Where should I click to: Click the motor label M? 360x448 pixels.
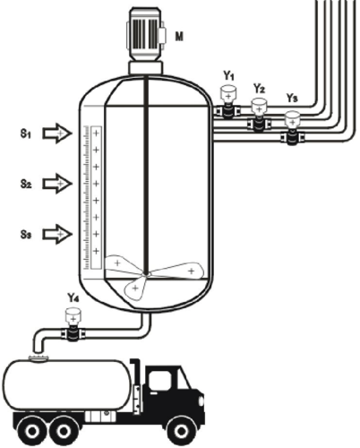coord(179,37)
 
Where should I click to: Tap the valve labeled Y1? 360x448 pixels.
coord(228,102)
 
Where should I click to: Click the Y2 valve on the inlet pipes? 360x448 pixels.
coord(259,116)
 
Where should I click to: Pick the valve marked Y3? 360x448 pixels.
coord(292,128)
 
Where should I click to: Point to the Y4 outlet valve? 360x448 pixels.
coord(73,325)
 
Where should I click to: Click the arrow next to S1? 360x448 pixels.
coord(57,134)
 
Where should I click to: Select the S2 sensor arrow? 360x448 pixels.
coord(57,184)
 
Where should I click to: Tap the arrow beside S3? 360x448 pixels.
coord(57,234)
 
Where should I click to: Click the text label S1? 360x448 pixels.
coord(26,134)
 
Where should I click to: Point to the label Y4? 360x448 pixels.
coord(73,297)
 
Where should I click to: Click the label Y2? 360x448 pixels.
coord(259,89)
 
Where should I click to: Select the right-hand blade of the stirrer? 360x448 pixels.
coord(177,271)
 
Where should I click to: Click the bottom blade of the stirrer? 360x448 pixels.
coord(135,288)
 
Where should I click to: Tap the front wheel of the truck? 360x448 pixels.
coord(180,431)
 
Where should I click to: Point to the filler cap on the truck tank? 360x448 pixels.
coord(38,358)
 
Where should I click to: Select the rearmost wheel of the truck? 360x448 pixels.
coord(31,431)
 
